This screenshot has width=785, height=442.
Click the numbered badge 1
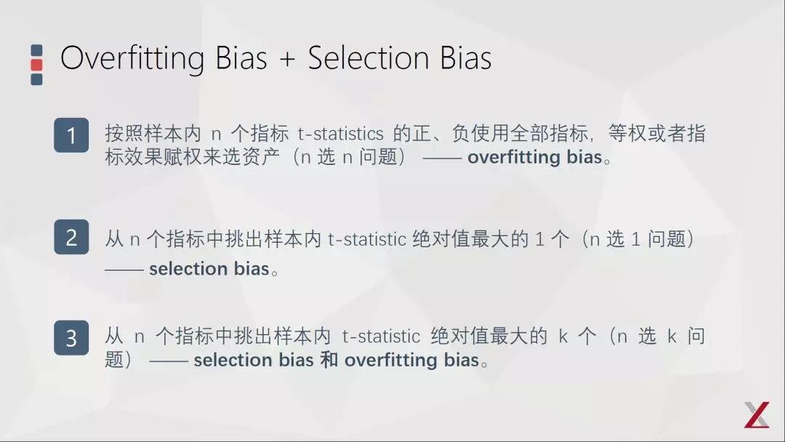71,135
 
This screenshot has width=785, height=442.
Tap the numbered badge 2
71,237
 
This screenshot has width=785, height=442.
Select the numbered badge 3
71,338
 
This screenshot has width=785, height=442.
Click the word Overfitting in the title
133,59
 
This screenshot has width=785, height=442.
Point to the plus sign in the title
287,59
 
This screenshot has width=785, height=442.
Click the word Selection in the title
368,58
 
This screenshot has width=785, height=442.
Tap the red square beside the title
36,65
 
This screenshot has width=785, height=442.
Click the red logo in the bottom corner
757,414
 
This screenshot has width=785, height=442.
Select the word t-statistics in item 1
340,134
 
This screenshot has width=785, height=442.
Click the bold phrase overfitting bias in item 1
535,157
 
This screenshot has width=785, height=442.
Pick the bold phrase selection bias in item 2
209,269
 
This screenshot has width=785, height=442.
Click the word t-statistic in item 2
367,239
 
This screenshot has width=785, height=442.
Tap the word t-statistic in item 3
381,337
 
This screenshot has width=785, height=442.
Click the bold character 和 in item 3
329,360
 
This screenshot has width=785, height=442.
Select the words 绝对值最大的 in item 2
470,239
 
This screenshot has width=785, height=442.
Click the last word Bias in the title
466,58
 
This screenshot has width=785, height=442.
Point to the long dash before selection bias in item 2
124,270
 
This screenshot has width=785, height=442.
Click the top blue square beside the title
36,50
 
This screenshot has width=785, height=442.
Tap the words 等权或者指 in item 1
657,134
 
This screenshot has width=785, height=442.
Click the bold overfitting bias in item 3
411,360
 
